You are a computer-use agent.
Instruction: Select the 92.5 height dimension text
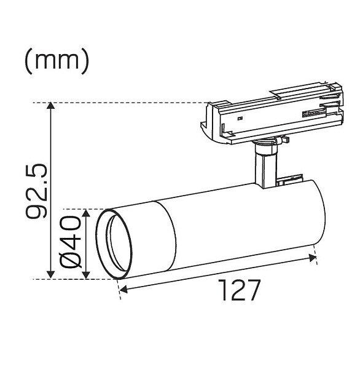(x=36, y=191)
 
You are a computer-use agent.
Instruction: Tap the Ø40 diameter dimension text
(x=70, y=242)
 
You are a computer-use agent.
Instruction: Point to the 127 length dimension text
(x=240, y=290)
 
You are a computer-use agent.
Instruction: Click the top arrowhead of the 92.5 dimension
(x=51, y=105)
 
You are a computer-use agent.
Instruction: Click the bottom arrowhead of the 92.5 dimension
(x=51, y=275)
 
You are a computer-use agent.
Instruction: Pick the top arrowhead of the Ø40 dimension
(x=86, y=213)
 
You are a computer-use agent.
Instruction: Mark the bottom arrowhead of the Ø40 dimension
(x=86, y=275)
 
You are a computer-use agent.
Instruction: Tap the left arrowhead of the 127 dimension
(x=123, y=290)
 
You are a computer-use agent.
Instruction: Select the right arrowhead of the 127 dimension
(x=312, y=258)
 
